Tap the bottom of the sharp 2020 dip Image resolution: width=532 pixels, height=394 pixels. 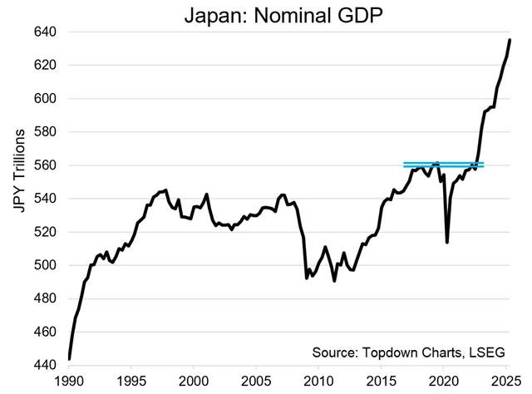pos(447,242)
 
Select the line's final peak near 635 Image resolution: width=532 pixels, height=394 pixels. pos(510,40)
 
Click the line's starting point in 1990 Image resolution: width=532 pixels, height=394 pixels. pos(69,359)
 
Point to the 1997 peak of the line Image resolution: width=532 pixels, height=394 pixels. pos(165,190)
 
